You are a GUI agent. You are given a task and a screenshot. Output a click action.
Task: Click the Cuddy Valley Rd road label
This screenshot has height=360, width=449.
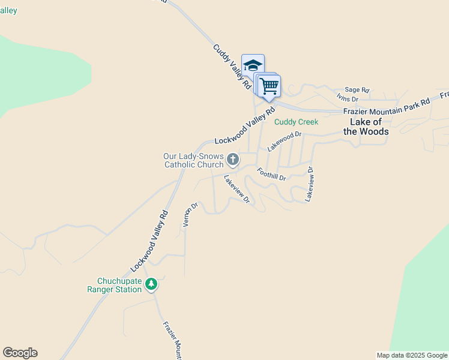tap(232, 67)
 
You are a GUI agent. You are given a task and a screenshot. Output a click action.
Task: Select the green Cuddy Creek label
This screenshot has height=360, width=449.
tap(296, 122)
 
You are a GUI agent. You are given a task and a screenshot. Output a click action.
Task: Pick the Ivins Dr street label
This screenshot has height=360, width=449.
tap(347, 98)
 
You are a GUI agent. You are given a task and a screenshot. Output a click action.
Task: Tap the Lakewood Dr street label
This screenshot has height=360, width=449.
tap(284, 142)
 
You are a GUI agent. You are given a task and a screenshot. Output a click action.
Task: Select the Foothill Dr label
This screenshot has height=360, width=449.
tap(271, 174)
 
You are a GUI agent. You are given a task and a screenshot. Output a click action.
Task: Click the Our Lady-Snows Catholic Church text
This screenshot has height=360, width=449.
tap(193, 160)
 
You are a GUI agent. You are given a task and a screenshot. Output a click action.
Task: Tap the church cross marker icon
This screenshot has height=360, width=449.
tap(233, 160)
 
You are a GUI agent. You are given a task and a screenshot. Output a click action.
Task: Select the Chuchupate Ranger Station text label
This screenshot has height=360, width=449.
tap(120, 285)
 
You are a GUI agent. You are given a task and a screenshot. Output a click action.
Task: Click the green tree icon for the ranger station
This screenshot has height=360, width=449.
tap(152, 284)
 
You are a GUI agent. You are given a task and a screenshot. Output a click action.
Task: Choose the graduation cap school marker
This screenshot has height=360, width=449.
tap(253, 65)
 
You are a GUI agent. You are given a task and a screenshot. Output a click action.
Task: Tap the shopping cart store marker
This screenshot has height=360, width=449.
tap(269, 86)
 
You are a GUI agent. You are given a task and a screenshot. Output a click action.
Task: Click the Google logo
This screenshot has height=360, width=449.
tap(20, 353)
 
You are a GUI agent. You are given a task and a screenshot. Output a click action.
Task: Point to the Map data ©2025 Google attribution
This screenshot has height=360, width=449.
tap(412, 355)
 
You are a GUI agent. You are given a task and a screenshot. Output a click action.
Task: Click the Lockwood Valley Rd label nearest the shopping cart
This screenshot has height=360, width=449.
tap(244, 126)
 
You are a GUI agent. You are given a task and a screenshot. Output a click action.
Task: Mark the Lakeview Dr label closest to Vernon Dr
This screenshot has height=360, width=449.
tap(237, 189)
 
